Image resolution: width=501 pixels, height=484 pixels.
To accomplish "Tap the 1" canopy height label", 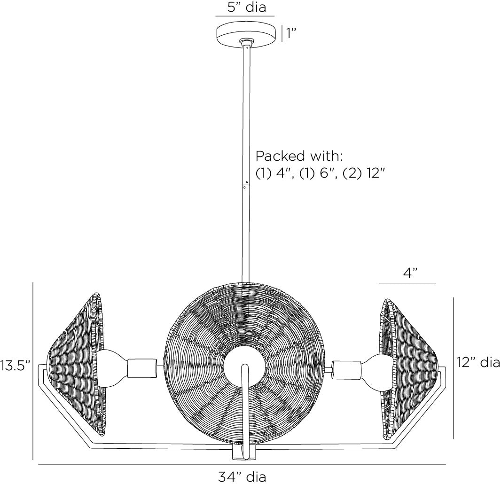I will point(292,34).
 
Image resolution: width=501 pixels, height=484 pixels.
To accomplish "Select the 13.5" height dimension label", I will point(15,366).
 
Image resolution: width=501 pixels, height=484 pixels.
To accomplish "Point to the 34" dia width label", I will point(242,476).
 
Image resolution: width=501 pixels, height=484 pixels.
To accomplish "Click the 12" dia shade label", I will point(478,362).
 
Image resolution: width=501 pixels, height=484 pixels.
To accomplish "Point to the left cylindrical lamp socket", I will point(141,367).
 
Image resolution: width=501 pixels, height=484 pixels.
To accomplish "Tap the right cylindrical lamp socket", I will point(346,367).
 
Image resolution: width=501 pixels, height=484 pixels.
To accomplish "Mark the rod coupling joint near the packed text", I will point(245,184).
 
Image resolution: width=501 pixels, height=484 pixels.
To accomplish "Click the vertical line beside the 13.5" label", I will point(33,371).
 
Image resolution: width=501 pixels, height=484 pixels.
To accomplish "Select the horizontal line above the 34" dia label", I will point(242,464).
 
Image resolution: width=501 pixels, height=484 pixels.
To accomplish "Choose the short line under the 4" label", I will point(407,283).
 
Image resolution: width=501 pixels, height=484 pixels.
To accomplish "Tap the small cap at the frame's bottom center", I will point(244,453).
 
